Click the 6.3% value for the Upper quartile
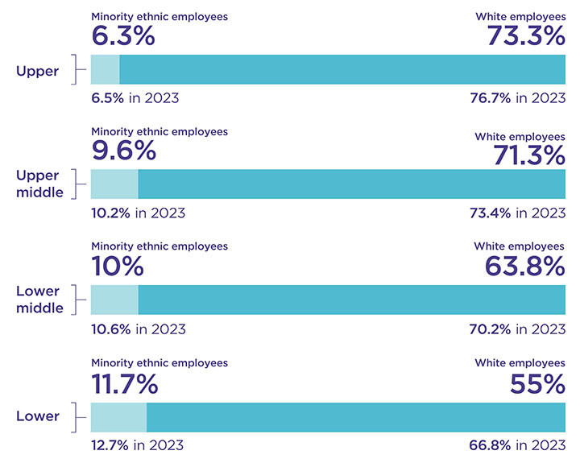pyautogui.click(x=122, y=36)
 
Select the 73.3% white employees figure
pyautogui.click(x=525, y=36)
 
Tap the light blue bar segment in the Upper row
pyautogui.click(x=105, y=70)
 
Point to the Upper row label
pyautogui.click(x=38, y=71)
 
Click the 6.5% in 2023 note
pyautogui.click(x=135, y=98)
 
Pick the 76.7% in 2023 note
pyautogui.click(x=517, y=98)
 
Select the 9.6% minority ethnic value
pyautogui.click(x=122, y=151)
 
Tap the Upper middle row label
pyautogui.click(x=39, y=184)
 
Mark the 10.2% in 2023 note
pyautogui.click(x=138, y=213)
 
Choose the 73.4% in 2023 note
pyautogui.click(x=517, y=213)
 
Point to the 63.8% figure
pyautogui.click(x=524, y=267)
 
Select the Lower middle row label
pyautogui.click(x=39, y=300)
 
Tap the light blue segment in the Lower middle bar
pyautogui.click(x=114, y=300)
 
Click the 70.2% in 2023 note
pyautogui.click(x=517, y=329)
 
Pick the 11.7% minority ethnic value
pyautogui.click(x=124, y=383)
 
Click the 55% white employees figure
pyautogui.click(x=537, y=383)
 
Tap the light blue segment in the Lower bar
pyautogui.click(x=118, y=416)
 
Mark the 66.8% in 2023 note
pyautogui.click(x=517, y=445)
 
